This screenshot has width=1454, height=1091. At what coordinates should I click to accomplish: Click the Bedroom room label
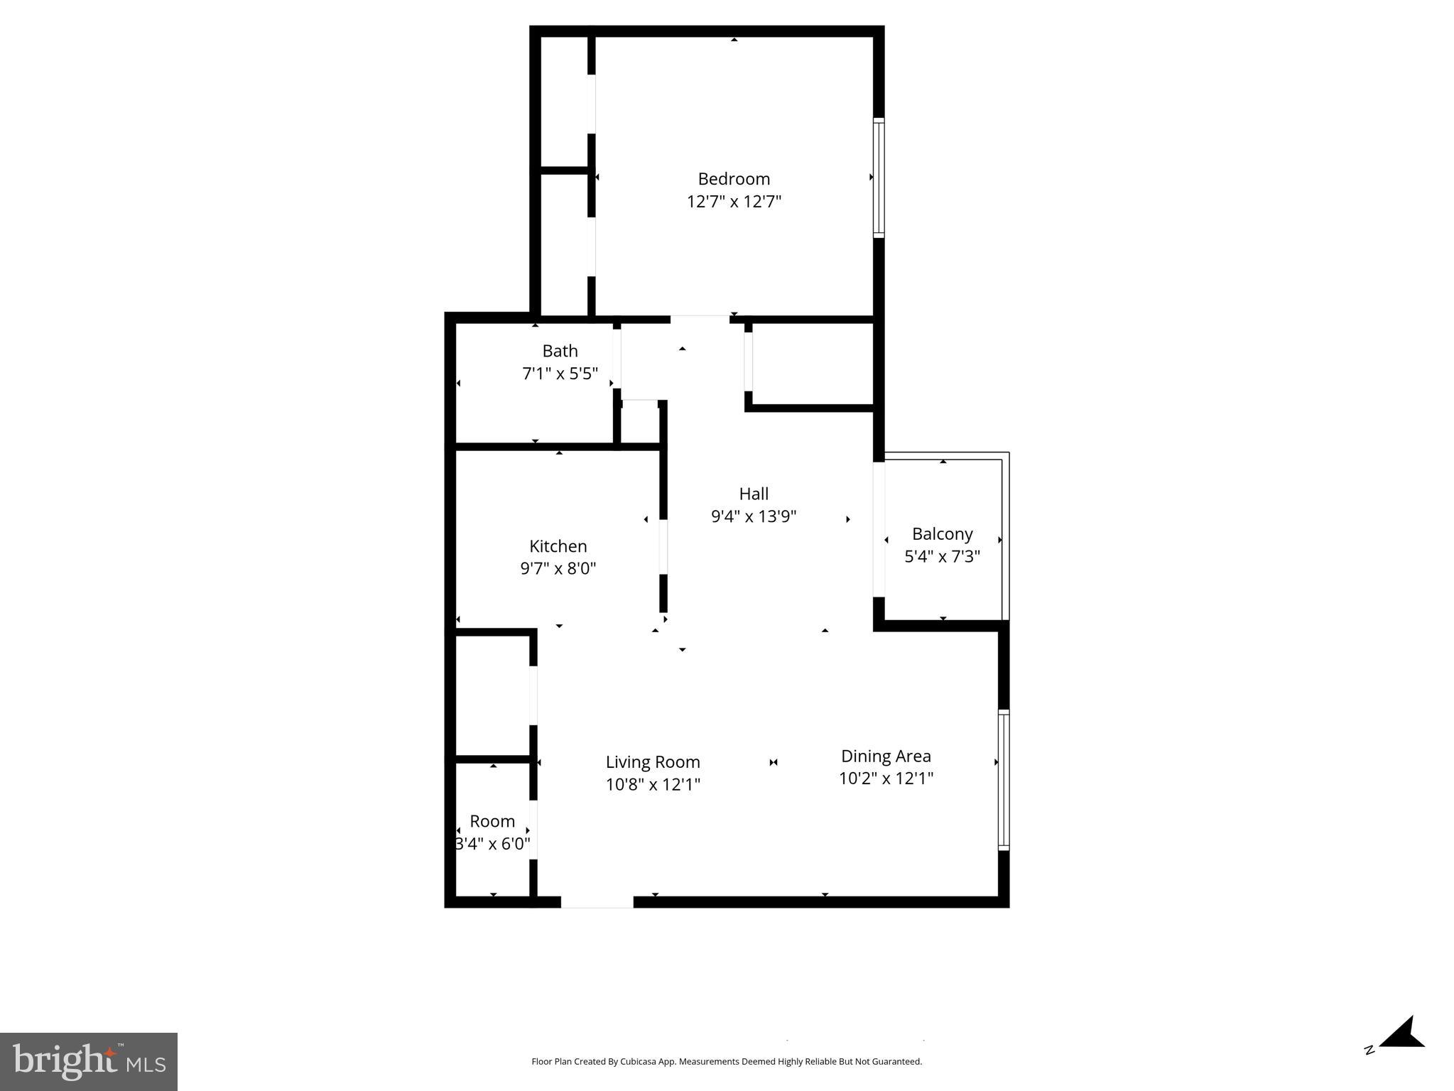click(x=734, y=179)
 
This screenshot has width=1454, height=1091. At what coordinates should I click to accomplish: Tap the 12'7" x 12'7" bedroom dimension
click(x=734, y=202)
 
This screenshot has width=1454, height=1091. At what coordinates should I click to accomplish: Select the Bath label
click(x=560, y=351)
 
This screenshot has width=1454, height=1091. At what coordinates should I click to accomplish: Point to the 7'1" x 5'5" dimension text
click(x=560, y=374)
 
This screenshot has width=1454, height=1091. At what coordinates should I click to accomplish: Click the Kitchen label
click(x=558, y=546)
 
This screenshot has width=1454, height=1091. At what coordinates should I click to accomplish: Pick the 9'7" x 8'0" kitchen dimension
click(x=558, y=568)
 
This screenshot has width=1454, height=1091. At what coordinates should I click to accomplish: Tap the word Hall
click(x=754, y=494)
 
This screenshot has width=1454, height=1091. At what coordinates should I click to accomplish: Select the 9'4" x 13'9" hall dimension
click(x=754, y=516)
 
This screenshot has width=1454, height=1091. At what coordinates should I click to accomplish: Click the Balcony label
click(x=942, y=534)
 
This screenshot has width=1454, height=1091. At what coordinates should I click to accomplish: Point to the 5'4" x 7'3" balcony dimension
click(x=942, y=556)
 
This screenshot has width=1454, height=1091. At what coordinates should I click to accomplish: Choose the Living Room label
click(x=653, y=762)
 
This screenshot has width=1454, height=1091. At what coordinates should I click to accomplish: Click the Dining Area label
click(x=886, y=756)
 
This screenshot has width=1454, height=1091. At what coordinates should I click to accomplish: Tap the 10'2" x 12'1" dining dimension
click(x=886, y=778)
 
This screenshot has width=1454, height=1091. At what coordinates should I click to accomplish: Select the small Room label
click(x=492, y=821)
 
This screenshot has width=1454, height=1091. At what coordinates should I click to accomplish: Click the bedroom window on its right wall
click(x=879, y=178)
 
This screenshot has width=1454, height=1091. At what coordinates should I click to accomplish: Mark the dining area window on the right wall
click(x=1003, y=779)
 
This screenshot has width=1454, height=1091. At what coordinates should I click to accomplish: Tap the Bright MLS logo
click(x=89, y=1061)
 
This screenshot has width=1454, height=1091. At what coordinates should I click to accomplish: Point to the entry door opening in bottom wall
click(x=597, y=902)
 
